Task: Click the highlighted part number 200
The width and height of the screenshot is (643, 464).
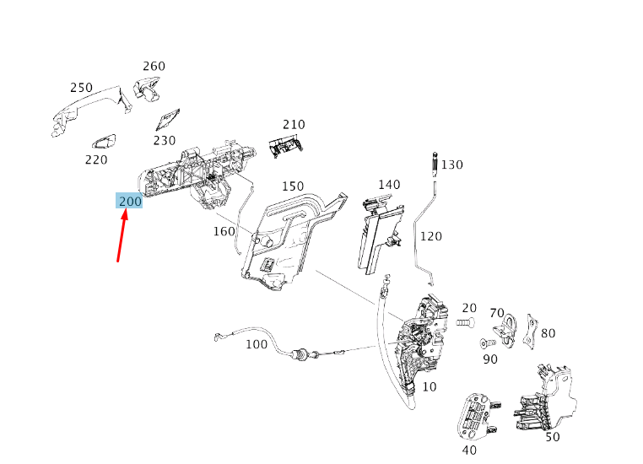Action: click(130, 201)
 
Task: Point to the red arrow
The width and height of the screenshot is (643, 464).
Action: click(123, 236)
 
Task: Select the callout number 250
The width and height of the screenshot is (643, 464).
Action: click(81, 88)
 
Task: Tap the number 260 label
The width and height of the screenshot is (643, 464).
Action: click(154, 66)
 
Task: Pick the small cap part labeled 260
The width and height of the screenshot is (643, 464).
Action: click(147, 88)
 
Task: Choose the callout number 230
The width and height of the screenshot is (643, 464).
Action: click(165, 141)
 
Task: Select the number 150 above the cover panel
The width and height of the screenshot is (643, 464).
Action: click(293, 186)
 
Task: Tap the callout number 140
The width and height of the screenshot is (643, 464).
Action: click(389, 185)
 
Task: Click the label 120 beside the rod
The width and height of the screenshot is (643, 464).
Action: click(430, 236)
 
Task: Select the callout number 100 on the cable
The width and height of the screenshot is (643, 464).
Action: click(257, 344)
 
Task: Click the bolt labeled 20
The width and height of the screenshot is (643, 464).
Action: click(466, 322)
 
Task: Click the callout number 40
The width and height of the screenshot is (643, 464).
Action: click(470, 450)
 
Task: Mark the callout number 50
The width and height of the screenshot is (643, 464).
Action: click(553, 437)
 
